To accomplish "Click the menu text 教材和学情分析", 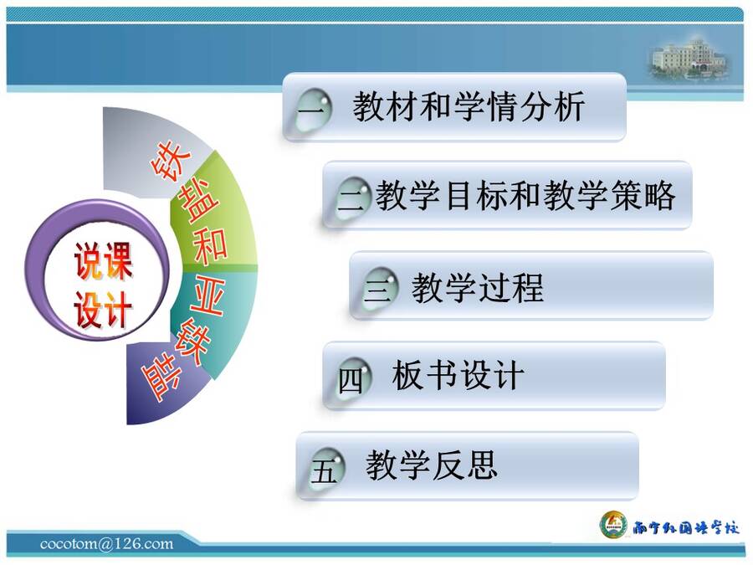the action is coord(469,106).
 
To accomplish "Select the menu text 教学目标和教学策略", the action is coord(525,196).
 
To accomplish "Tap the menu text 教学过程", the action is coord(478,287).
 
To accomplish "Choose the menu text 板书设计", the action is coord(457,375).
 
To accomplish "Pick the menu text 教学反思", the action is coord(431,465).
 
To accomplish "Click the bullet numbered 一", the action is coord(313,110).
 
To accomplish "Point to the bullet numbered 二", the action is coord(353,198).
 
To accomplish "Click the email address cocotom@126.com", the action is coord(106,544).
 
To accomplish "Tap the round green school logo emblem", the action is coord(614,525).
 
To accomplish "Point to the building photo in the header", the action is coord(689,59).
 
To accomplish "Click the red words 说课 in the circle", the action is coord(103,261).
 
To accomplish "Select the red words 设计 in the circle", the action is coord(103,310).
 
